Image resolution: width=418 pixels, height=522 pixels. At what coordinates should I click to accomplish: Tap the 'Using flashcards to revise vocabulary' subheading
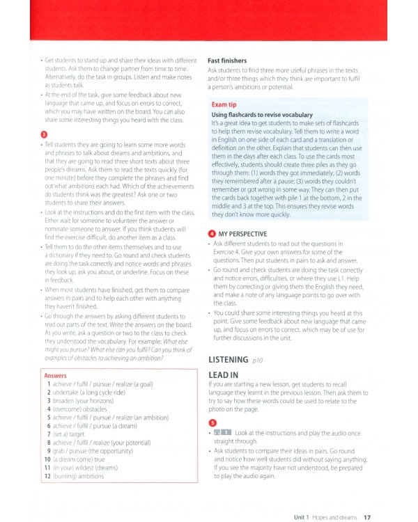tap(261, 114)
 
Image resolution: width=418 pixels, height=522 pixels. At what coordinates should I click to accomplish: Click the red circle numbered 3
tap(44, 133)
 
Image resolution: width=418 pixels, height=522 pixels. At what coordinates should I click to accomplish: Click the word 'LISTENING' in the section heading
tap(229, 360)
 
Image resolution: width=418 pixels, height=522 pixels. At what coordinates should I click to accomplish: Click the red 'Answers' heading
tap(55, 375)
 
